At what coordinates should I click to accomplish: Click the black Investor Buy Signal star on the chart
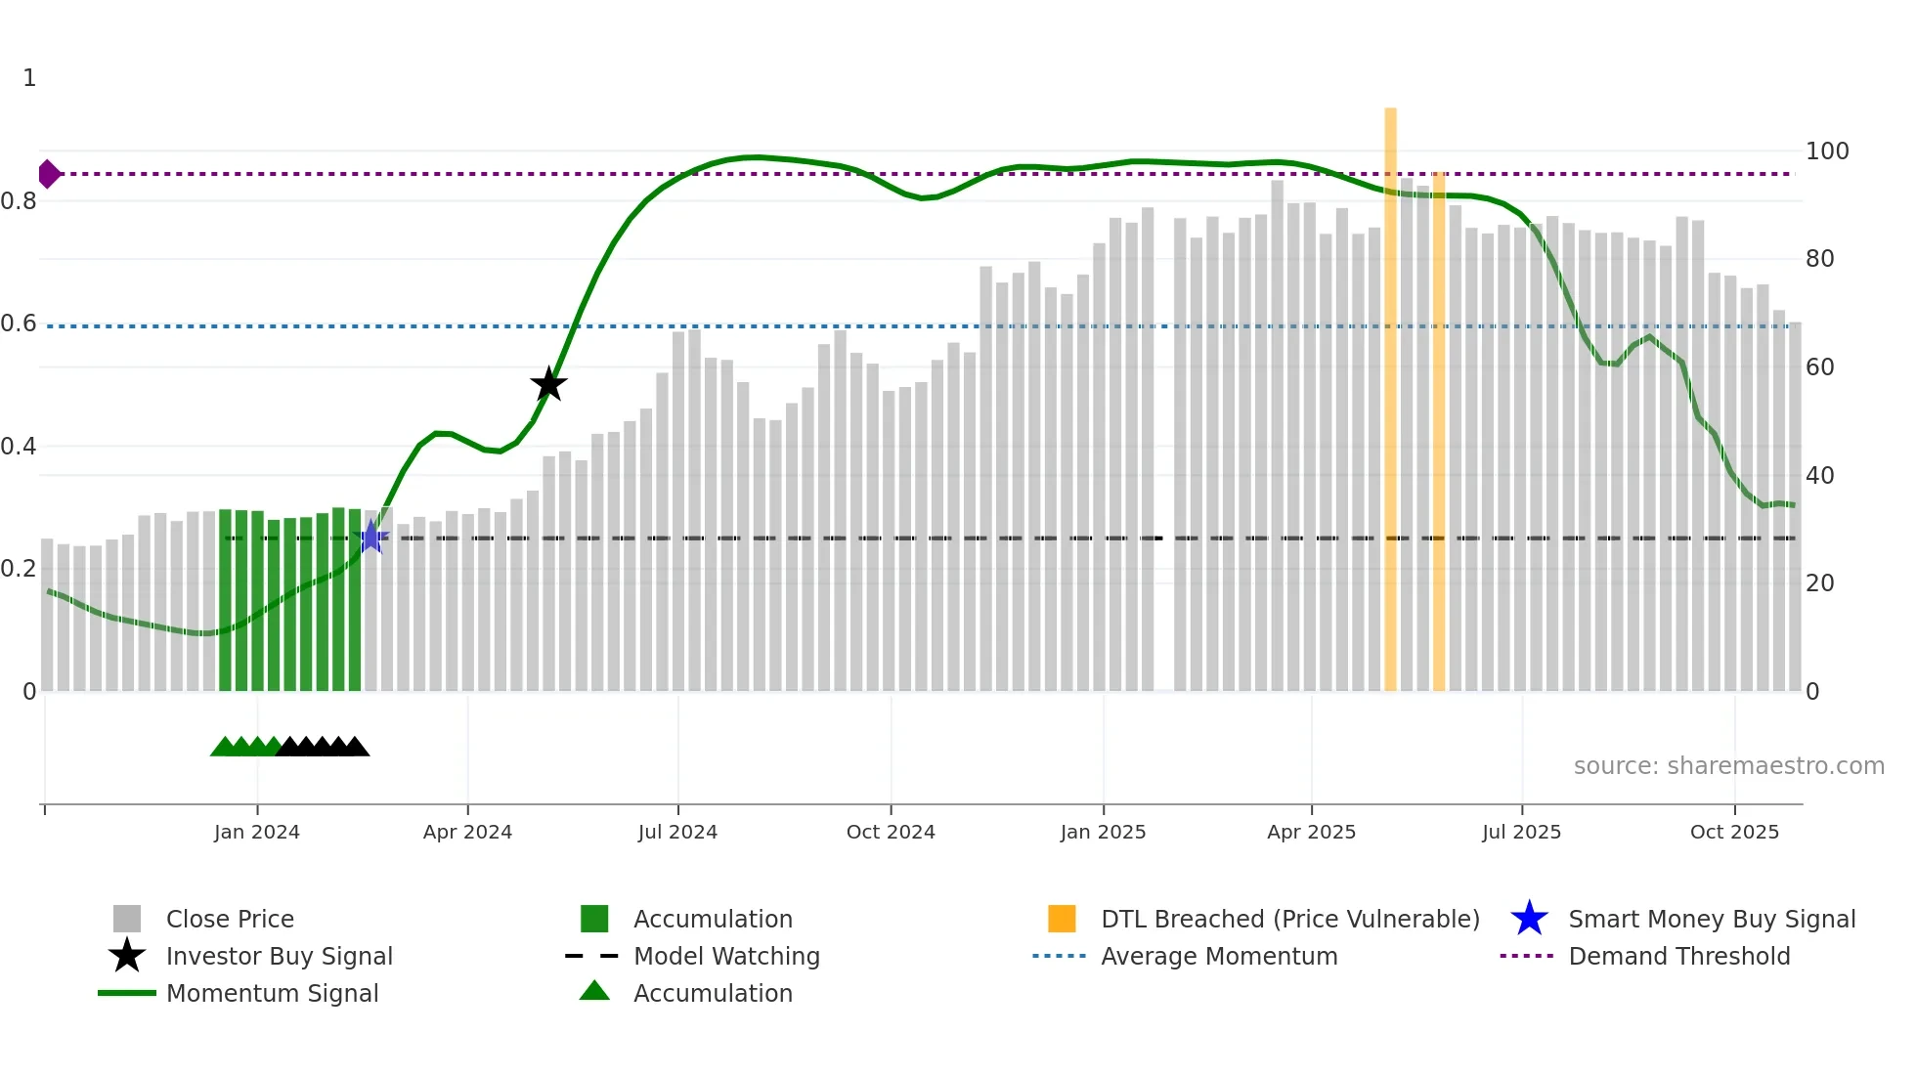point(548,384)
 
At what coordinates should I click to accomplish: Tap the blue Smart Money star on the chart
point(371,537)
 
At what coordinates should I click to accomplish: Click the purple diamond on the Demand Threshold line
point(49,174)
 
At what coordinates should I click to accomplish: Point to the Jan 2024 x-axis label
point(257,832)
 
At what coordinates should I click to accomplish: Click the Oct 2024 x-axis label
point(891,832)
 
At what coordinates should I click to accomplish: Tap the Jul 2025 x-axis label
point(1521,832)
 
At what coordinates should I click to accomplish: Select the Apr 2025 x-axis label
point(1311,832)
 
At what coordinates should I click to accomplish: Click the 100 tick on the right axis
point(1827,151)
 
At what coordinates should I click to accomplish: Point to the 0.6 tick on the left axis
point(19,323)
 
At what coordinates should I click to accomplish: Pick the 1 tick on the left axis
point(29,78)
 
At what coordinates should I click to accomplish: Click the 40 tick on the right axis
point(1820,476)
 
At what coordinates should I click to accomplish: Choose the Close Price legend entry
point(230,919)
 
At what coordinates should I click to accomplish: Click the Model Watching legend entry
point(726,956)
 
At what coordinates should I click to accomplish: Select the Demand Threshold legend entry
point(1678,956)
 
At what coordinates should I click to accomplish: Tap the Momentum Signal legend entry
point(272,993)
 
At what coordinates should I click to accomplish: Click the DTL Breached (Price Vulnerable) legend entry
point(1289,919)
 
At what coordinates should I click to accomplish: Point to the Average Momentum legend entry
point(1219,956)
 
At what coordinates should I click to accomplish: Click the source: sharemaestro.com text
point(1728,766)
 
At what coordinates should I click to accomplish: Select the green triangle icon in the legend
point(594,991)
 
